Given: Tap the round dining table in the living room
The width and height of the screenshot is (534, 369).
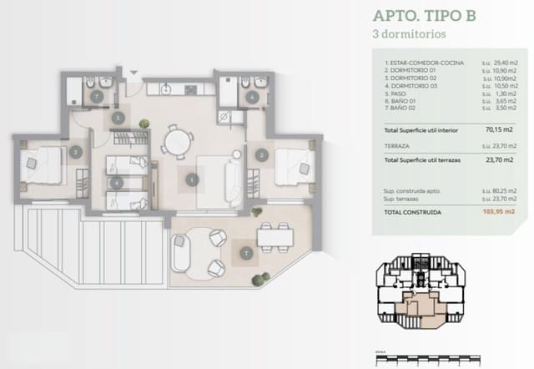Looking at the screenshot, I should (x=175, y=140).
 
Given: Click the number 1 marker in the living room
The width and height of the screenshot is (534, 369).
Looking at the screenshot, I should (x=193, y=178).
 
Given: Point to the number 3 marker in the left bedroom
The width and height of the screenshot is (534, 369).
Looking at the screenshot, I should (x=76, y=152).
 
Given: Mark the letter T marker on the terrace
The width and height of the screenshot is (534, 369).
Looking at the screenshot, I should (x=245, y=252).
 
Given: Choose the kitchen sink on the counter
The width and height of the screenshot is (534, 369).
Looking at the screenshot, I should (x=167, y=84).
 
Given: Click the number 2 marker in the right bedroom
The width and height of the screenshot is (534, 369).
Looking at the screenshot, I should (x=261, y=154).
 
